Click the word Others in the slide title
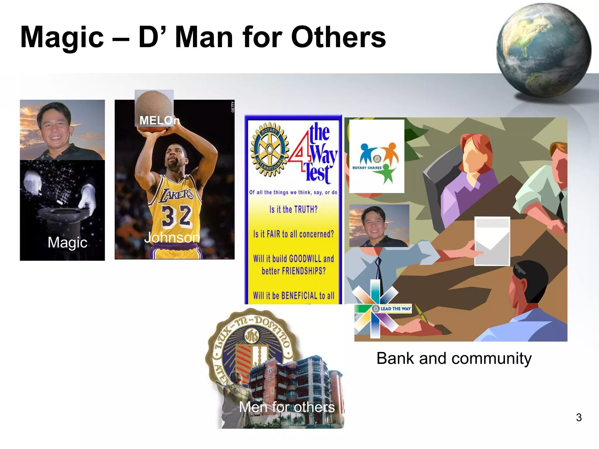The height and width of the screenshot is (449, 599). (x=338, y=37)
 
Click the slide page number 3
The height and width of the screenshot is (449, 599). (x=579, y=417)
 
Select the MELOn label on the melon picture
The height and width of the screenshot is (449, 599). (x=159, y=120)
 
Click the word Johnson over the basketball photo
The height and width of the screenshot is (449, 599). (x=172, y=237)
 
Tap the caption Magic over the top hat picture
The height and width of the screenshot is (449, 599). (x=67, y=242)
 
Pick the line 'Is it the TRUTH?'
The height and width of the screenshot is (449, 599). (x=293, y=209)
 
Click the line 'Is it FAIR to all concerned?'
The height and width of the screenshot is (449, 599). (x=293, y=234)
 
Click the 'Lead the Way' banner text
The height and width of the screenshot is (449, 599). (x=395, y=308)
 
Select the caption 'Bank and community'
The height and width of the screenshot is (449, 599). (x=454, y=358)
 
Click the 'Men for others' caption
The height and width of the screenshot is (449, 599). (x=287, y=407)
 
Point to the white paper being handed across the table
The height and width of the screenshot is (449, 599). (x=492, y=241)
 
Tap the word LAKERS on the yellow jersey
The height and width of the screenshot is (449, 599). (x=176, y=195)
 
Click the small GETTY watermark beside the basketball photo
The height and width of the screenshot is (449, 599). (x=233, y=107)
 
